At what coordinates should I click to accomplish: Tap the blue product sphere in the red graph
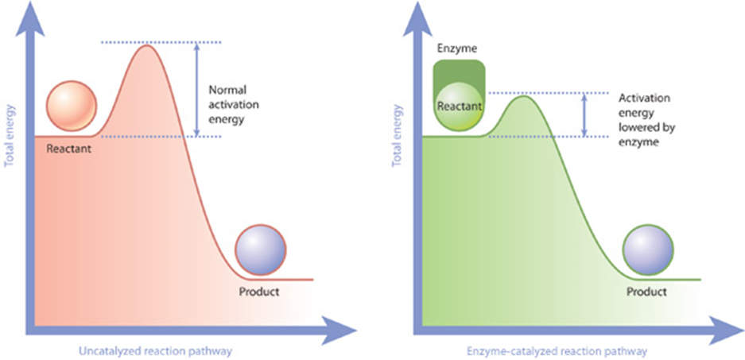pos(260,249)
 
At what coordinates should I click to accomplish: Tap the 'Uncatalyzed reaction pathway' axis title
pos(156,350)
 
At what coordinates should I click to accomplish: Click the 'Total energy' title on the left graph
pos(10,140)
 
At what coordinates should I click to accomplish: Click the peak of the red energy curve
pos(146,45)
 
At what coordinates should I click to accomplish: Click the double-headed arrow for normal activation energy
pos(197,89)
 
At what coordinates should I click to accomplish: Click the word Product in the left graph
pos(259,292)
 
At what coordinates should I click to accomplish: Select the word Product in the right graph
pos(646,292)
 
